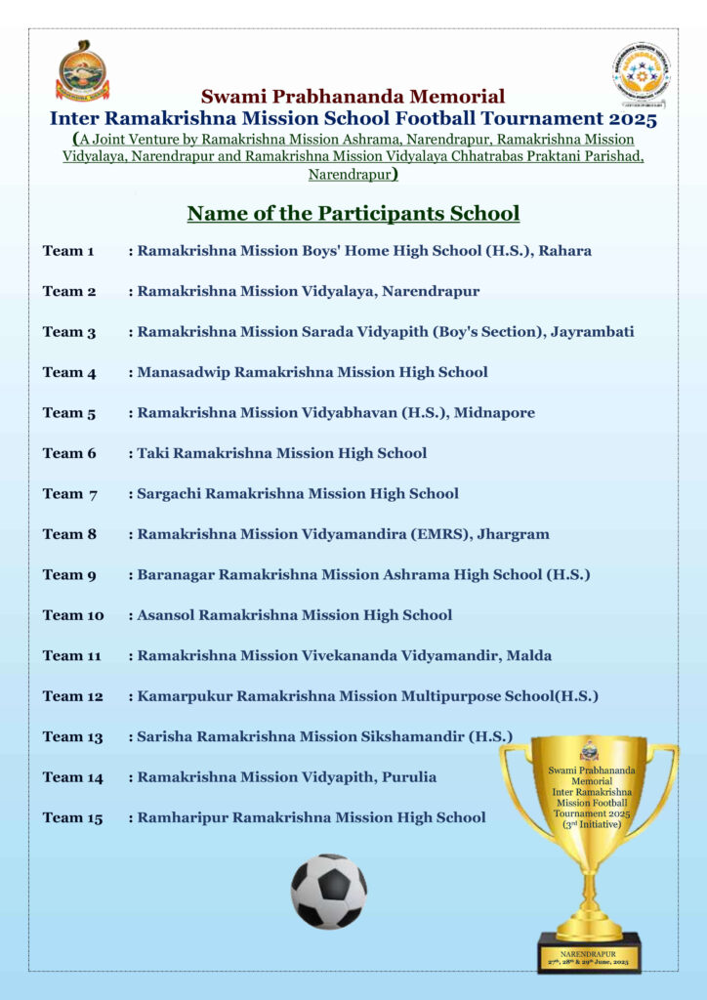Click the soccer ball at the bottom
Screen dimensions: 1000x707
click(x=329, y=891)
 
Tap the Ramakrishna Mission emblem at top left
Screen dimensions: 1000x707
click(x=82, y=71)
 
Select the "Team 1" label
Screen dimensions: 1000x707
click(x=68, y=251)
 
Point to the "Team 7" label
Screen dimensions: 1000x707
click(x=69, y=494)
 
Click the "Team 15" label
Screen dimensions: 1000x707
click(x=72, y=817)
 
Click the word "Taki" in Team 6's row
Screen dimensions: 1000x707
click(x=153, y=453)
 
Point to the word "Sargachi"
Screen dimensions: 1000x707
click(x=170, y=494)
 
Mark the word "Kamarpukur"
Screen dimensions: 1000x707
click(x=185, y=696)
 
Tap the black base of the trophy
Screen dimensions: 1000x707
click(x=589, y=954)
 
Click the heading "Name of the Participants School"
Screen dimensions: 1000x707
click(x=353, y=213)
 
